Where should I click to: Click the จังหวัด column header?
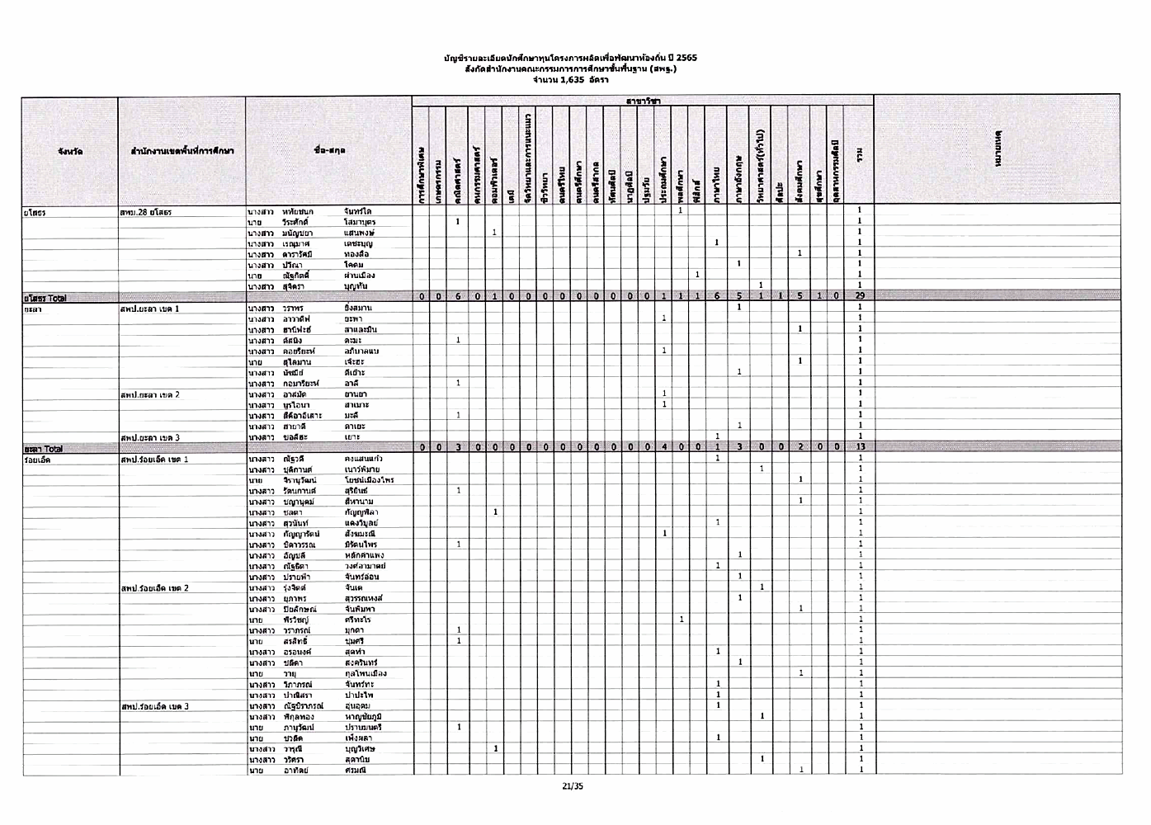(70, 152)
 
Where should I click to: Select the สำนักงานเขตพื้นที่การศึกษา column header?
(182, 152)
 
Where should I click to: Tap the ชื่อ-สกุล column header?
(329, 152)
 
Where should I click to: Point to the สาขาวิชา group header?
(643, 101)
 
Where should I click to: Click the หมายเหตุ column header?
(998, 152)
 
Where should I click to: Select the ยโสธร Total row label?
(45, 298)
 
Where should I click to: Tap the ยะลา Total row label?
(43, 449)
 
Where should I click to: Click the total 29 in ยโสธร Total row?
(860, 296)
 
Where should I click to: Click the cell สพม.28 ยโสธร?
(146, 212)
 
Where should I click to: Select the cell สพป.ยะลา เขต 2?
(150, 395)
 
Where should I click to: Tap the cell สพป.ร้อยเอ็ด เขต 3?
(155, 706)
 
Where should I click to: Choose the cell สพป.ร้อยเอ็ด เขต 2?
(155, 588)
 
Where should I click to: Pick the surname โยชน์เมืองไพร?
(369, 480)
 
